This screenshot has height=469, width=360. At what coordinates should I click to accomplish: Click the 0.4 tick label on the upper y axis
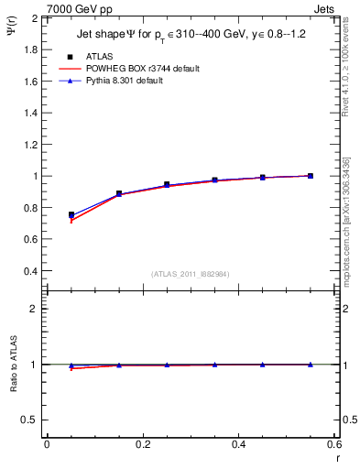[x=30, y=271]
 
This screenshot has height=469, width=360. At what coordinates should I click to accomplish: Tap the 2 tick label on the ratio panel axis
[x=35, y=309]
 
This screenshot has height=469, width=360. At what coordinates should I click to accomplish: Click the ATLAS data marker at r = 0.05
[x=71, y=215]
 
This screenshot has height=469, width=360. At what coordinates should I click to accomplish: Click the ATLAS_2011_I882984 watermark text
[x=191, y=273]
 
